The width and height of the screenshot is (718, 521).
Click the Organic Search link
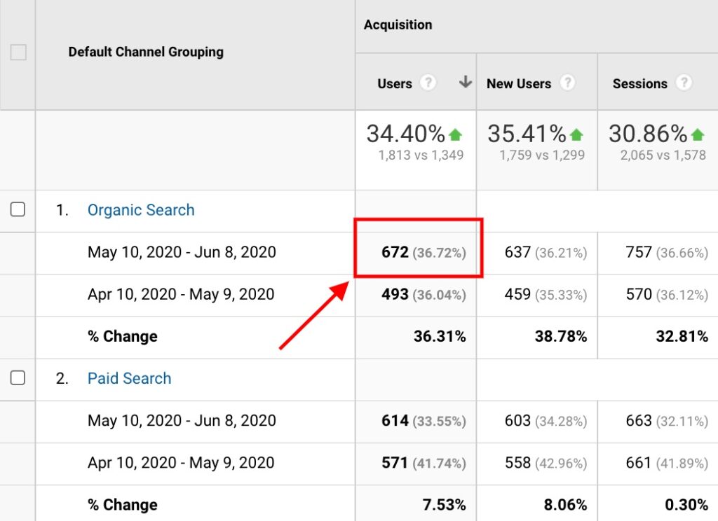(x=141, y=210)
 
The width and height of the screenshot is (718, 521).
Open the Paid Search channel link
(x=129, y=378)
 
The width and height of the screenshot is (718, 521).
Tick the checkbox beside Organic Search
(x=18, y=209)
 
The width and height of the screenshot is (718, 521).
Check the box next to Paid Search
(x=18, y=378)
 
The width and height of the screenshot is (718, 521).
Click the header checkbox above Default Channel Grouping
(x=18, y=52)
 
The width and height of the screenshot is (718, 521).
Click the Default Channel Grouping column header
(x=146, y=52)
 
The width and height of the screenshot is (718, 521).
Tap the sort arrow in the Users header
(x=465, y=83)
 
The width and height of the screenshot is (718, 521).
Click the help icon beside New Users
(x=567, y=83)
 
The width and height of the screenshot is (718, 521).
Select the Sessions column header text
(x=639, y=83)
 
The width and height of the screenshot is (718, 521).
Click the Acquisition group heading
(x=398, y=25)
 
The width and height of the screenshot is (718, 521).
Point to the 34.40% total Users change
(x=406, y=133)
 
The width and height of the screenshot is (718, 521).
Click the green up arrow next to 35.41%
(x=576, y=134)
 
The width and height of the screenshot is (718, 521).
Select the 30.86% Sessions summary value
(x=648, y=133)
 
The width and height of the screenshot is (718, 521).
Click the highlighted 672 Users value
(x=395, y=252)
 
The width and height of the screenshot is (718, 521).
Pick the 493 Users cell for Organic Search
(x=395, y=295)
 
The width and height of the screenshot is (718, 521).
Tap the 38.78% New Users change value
(x=561, y=337)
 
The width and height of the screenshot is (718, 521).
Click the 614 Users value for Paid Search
(x=395, y=421)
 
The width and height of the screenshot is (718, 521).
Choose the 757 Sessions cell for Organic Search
(x=639, y=252)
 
